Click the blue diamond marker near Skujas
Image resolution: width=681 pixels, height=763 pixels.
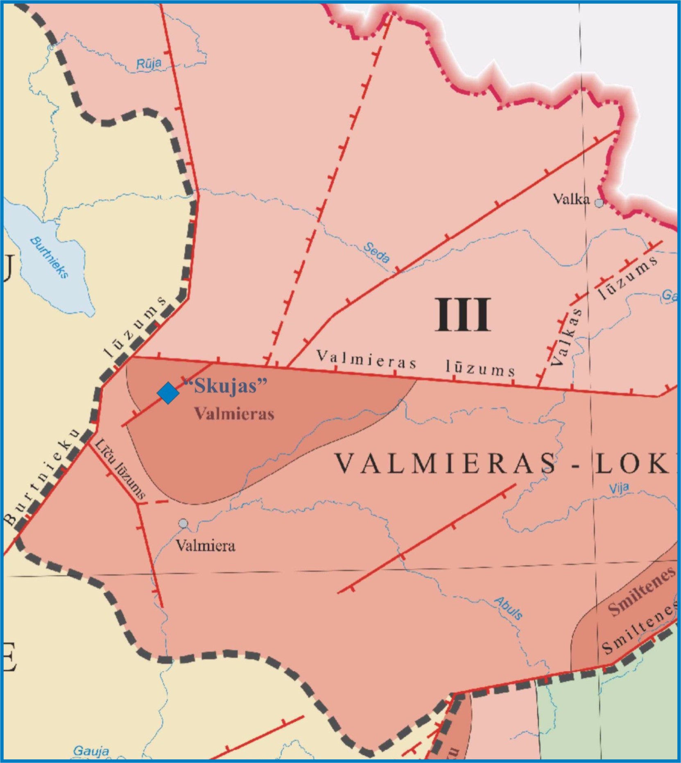coord(168,393)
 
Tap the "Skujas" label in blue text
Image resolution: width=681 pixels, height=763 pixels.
coord(225,385)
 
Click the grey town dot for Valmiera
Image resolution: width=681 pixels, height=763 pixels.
coord(183,523)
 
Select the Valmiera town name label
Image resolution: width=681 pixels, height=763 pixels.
coord(206,545)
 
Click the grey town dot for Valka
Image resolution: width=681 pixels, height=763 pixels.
coord(599,203)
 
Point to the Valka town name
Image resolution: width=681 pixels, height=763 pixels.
coord(571,199)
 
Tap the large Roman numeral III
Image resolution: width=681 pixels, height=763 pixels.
coord(463,315)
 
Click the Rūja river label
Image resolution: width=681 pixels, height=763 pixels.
coord(149,63)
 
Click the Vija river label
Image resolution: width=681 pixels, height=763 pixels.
coord(619,488)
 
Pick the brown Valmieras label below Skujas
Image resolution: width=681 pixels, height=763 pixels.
coord(234,414)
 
